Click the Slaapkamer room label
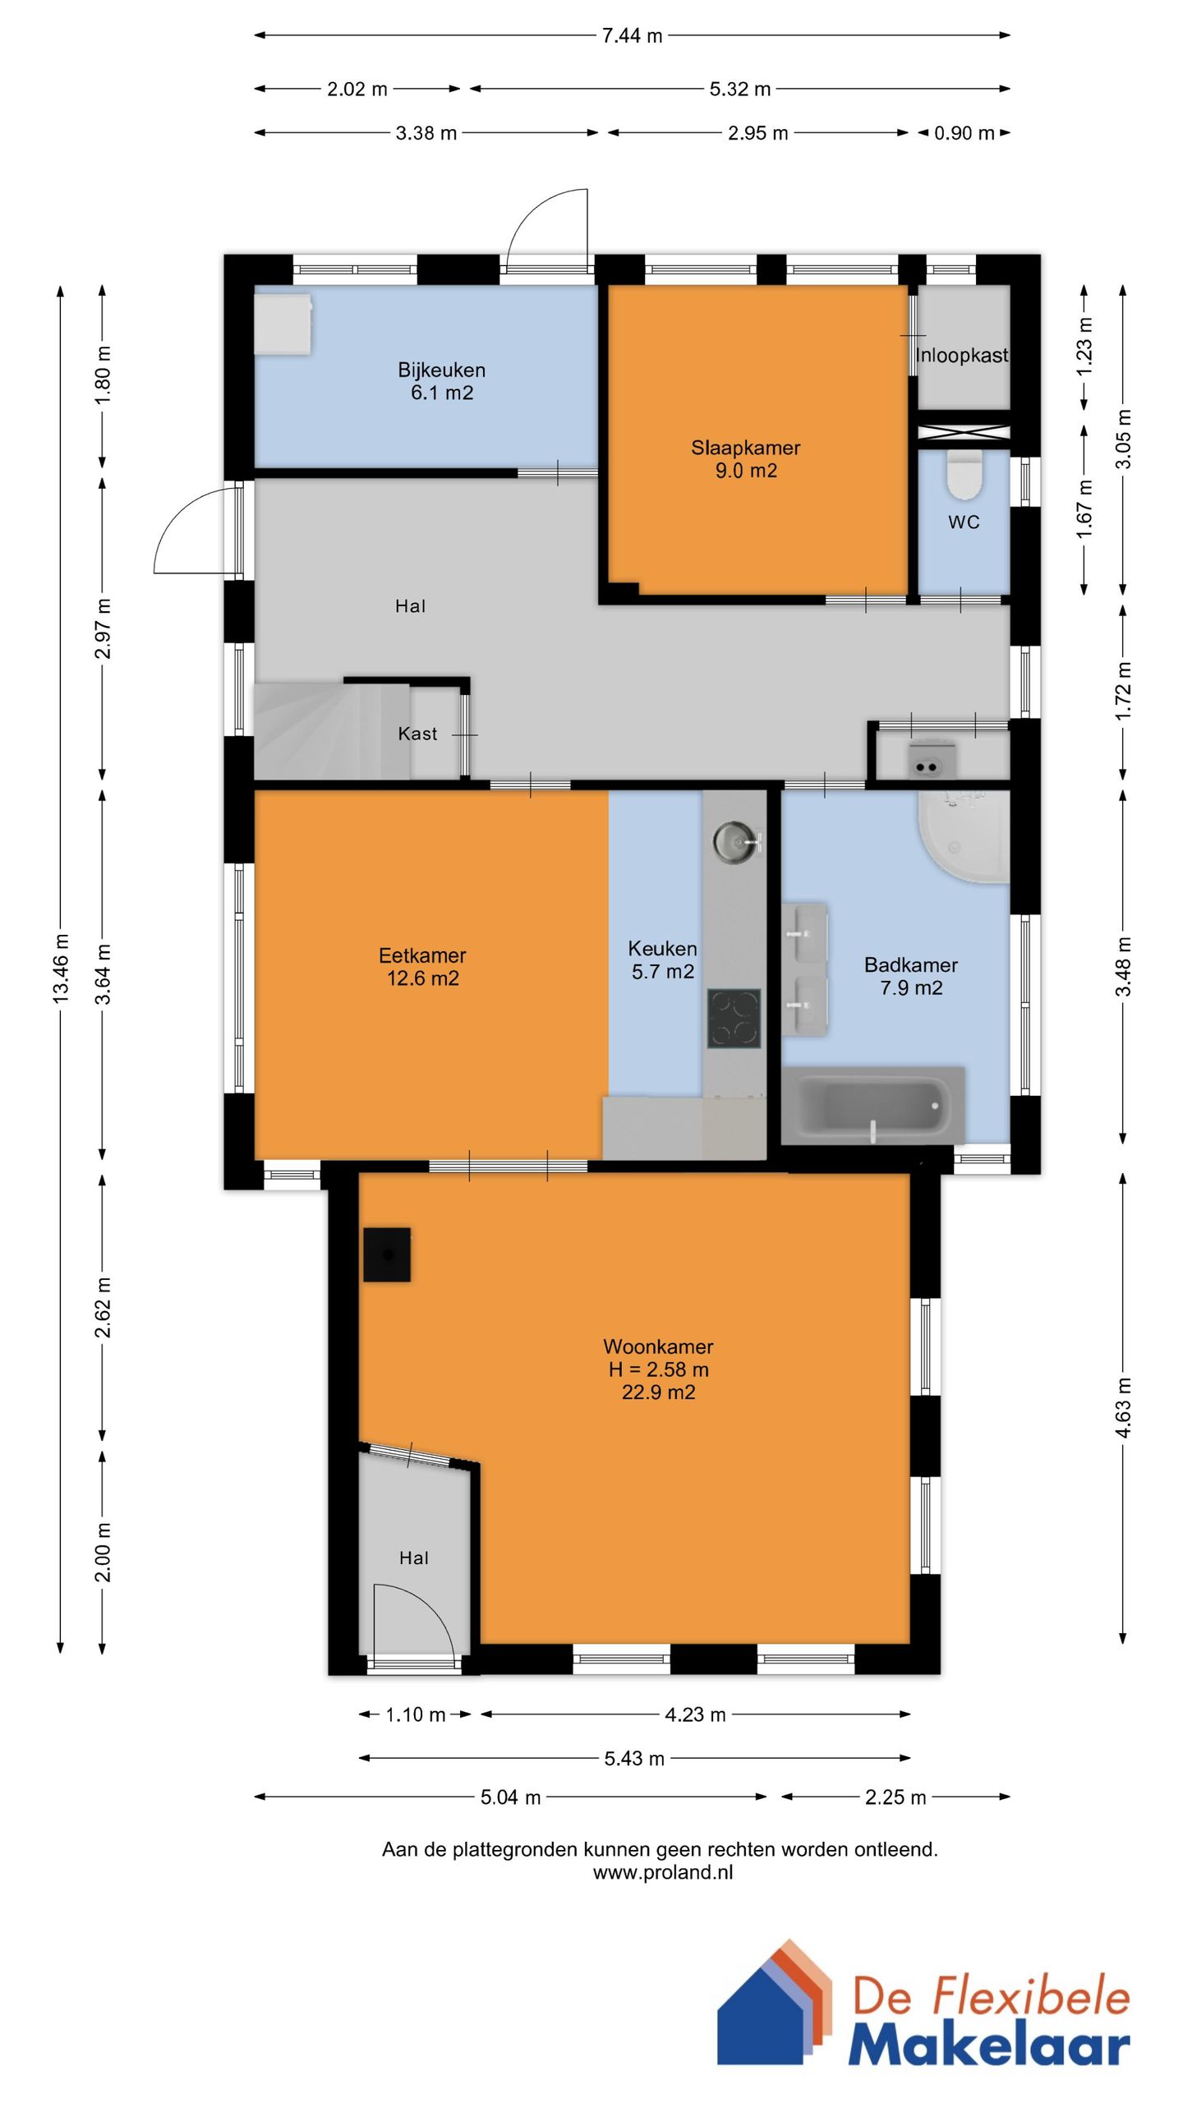(x=745, y=448)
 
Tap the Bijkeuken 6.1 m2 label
(x=442, y=381)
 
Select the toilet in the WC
(x=964, y=474)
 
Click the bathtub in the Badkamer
(x=872, y=1105)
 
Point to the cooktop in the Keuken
(x=734, y=1019)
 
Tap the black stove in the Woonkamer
(x=387, y=1254)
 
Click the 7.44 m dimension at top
(x=632, y=35)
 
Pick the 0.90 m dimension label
(x=964, y=133)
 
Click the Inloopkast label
(x=962, y=356)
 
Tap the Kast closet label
(x=417, y=734)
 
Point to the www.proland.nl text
(x=663, y=1872)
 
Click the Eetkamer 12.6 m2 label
(x=422, y=967)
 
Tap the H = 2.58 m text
(x=658, y=1369)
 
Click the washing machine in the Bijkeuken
(x=283, y=324)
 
